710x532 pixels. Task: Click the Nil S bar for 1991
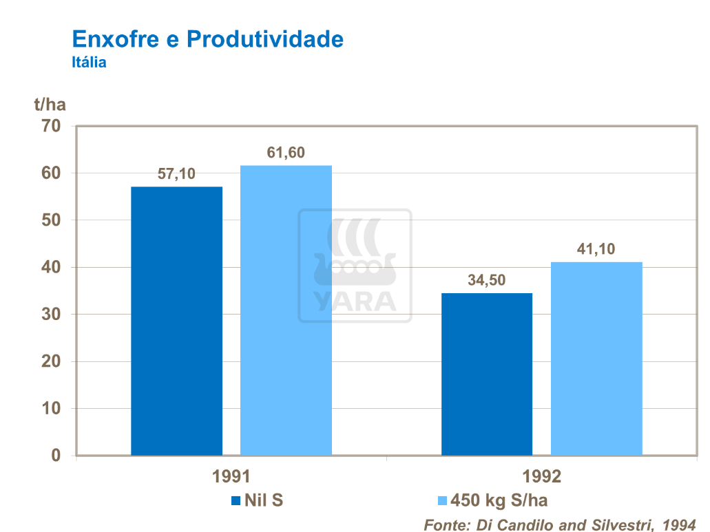click(x=176, y=321)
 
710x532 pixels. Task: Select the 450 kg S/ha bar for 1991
click(x=286, y=310)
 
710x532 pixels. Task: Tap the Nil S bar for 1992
click(x=486, y=374)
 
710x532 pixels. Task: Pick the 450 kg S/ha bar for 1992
click(x=596, y=359)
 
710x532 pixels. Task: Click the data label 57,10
click(x=176, y=174)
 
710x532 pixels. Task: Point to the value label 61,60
click(x=286, y=153)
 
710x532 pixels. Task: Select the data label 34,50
click(x=486, y=280)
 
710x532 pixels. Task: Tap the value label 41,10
click(x=596, y=249)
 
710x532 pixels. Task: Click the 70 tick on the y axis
click(x=51, y=126)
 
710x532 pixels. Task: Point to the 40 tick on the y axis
click(x=51, y=267)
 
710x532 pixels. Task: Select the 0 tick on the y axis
click(x=56, y=456)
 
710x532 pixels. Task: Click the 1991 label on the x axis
click(x=231, y=477)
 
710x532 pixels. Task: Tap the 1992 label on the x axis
click(x=542, y=477)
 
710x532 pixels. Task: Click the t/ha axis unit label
click(x=50, y=105)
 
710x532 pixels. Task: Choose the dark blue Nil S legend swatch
click(x=235, y=500)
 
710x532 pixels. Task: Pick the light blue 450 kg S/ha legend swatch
click(x=441, y=500)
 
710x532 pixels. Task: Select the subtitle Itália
click(x=89, y=62)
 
